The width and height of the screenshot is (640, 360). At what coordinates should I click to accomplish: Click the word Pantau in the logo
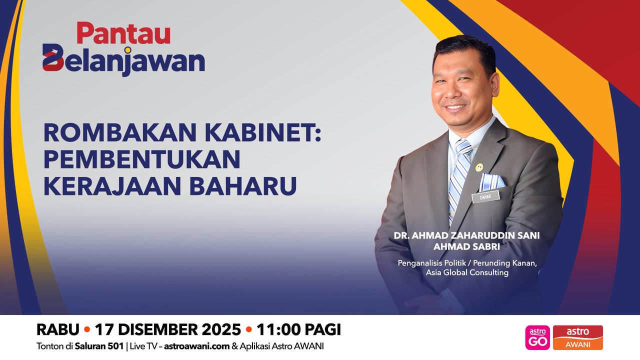123,34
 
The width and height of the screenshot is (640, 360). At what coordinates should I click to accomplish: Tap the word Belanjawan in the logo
123,61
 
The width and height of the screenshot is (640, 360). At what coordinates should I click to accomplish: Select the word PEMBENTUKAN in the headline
142,159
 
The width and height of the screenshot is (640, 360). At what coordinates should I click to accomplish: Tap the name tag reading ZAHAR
485,196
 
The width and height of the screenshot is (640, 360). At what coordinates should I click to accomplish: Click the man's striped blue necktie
459,170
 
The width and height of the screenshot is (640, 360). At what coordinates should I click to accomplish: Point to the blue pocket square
491,181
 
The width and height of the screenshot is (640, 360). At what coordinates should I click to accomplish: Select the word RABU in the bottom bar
58,330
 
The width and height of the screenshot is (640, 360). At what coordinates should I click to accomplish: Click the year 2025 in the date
220,330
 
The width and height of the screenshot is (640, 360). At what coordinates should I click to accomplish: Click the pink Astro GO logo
537,337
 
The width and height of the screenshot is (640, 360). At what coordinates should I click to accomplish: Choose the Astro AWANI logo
577,337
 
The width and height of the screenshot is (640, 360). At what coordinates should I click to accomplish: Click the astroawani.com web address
197,346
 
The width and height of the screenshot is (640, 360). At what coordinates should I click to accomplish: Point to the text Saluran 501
99,346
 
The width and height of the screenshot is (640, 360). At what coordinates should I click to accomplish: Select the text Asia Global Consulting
467,272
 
